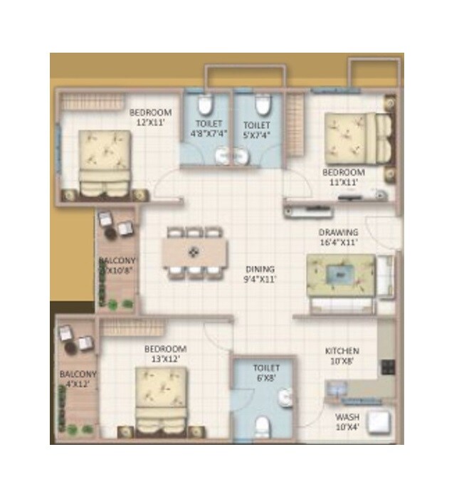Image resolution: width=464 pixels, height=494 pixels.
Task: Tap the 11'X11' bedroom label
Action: [343, 177]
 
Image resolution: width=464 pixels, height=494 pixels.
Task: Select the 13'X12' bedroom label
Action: [165, 354]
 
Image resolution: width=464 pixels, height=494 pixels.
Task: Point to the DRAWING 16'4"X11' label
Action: [338, 237]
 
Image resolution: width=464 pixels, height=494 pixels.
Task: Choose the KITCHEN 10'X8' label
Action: [342, 356]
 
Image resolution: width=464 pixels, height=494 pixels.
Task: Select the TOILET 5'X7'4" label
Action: [256, 129]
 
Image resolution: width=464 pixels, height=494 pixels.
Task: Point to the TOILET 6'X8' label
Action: [267, 373]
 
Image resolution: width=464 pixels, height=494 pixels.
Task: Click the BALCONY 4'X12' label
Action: [78, 379]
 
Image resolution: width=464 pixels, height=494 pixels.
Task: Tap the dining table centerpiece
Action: [194, 252]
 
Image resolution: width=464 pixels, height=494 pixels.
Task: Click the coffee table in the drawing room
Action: [342, 273]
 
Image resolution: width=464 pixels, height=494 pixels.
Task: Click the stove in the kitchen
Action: [389, 367]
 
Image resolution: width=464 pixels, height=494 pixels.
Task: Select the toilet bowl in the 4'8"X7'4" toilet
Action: [206, 106]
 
